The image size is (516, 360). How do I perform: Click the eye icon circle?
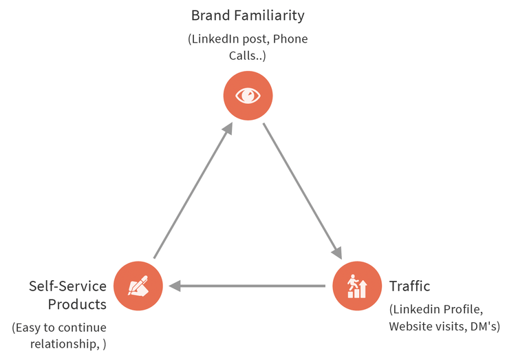tap(248, 95)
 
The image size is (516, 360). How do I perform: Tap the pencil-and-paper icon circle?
tap(138, 286)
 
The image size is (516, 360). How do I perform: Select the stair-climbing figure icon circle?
tap(357, 286)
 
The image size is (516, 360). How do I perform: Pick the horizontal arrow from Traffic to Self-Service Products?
tap(248, 285)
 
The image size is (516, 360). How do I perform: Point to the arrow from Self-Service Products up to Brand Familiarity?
tap(193, 190)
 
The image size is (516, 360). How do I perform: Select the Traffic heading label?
tap(409, 286)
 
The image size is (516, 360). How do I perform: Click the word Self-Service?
tap(67, 286)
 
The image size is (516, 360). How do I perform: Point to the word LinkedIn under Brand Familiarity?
tap(218, 39)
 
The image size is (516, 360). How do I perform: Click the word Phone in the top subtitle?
tap(290, 39)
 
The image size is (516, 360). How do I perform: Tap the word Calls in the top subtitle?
tap(241, 56)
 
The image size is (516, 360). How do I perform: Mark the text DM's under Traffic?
tap(484, 326)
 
